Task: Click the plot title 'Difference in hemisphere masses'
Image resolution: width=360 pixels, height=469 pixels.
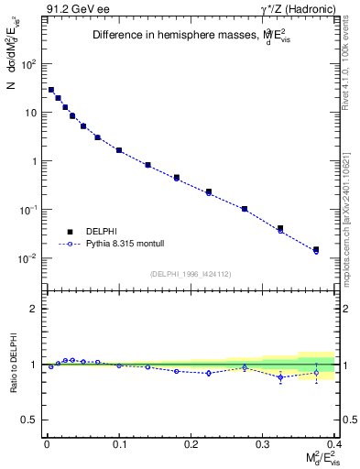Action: coord(188,36)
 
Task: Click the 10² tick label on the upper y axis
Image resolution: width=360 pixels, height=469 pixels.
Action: coord(29,64)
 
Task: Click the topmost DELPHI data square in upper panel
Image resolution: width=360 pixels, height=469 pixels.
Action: coord(51,90)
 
